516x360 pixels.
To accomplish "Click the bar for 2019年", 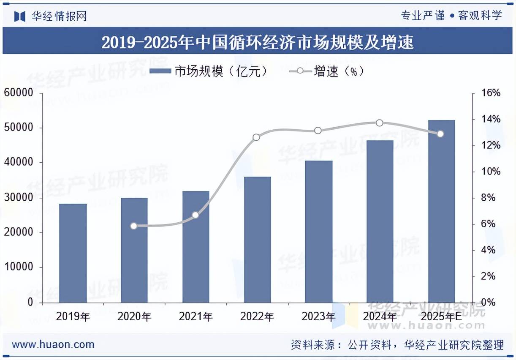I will pos(73,253).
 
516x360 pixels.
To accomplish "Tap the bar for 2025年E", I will pos(442,211).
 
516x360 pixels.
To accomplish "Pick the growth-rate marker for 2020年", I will pos(134,226).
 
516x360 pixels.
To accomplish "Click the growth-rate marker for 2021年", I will pos(196,215).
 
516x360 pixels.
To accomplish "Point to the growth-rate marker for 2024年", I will pos(380,123).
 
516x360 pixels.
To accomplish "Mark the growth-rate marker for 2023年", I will pos(318,131).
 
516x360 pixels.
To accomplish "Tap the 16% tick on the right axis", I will pos(491,93).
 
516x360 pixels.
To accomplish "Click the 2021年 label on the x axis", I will pos(196,316).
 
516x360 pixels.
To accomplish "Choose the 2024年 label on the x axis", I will pos(380,316).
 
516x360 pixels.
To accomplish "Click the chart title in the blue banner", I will pos(258,42).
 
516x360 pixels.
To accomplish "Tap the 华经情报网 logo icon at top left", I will pos(20,16).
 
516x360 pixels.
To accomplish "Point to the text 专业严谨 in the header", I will pos(423,16).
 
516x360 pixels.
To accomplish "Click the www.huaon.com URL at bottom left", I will pos(53,344).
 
